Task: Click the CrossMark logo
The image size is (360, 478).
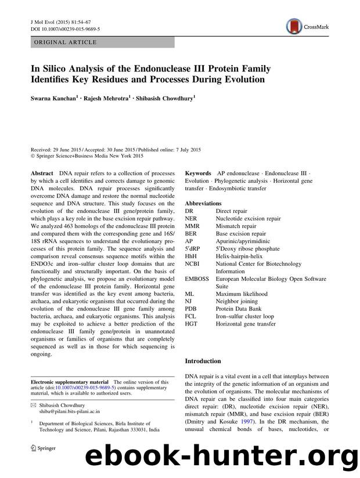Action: [309, 26]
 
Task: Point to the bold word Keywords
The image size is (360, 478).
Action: [198, 174]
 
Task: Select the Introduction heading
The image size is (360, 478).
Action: [203, 361]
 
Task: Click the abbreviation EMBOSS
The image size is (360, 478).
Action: [197, 279]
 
